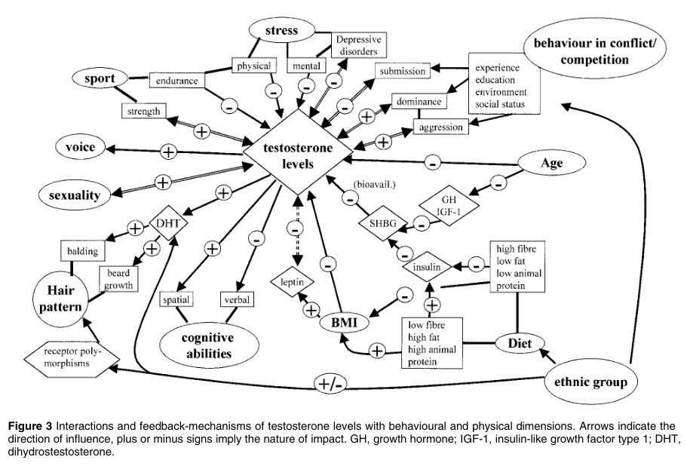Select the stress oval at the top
pyautogui.click(x=281, y=32)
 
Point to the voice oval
pyautogui.click(x=81, y=147)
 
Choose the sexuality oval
pyautogui.click(x=74, y=195)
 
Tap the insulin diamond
pyautogui.click(x=427, y=267)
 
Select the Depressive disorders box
pyautogui.click(x=359, y=44)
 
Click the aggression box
pyautogui.click(x=440, y=127)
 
